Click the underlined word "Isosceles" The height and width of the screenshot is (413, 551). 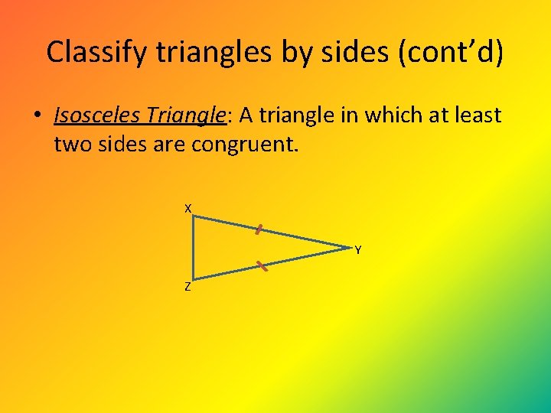click(x=96, y=115)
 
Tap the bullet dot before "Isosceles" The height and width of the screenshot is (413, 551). click(x=36, y=116)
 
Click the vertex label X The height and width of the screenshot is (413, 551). click(x=187, y=208)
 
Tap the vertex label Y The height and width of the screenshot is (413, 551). click(x=357, y=250)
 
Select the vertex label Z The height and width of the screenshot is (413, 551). click(x=187, y=288)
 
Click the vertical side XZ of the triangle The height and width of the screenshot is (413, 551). click(x=194, y=247)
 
